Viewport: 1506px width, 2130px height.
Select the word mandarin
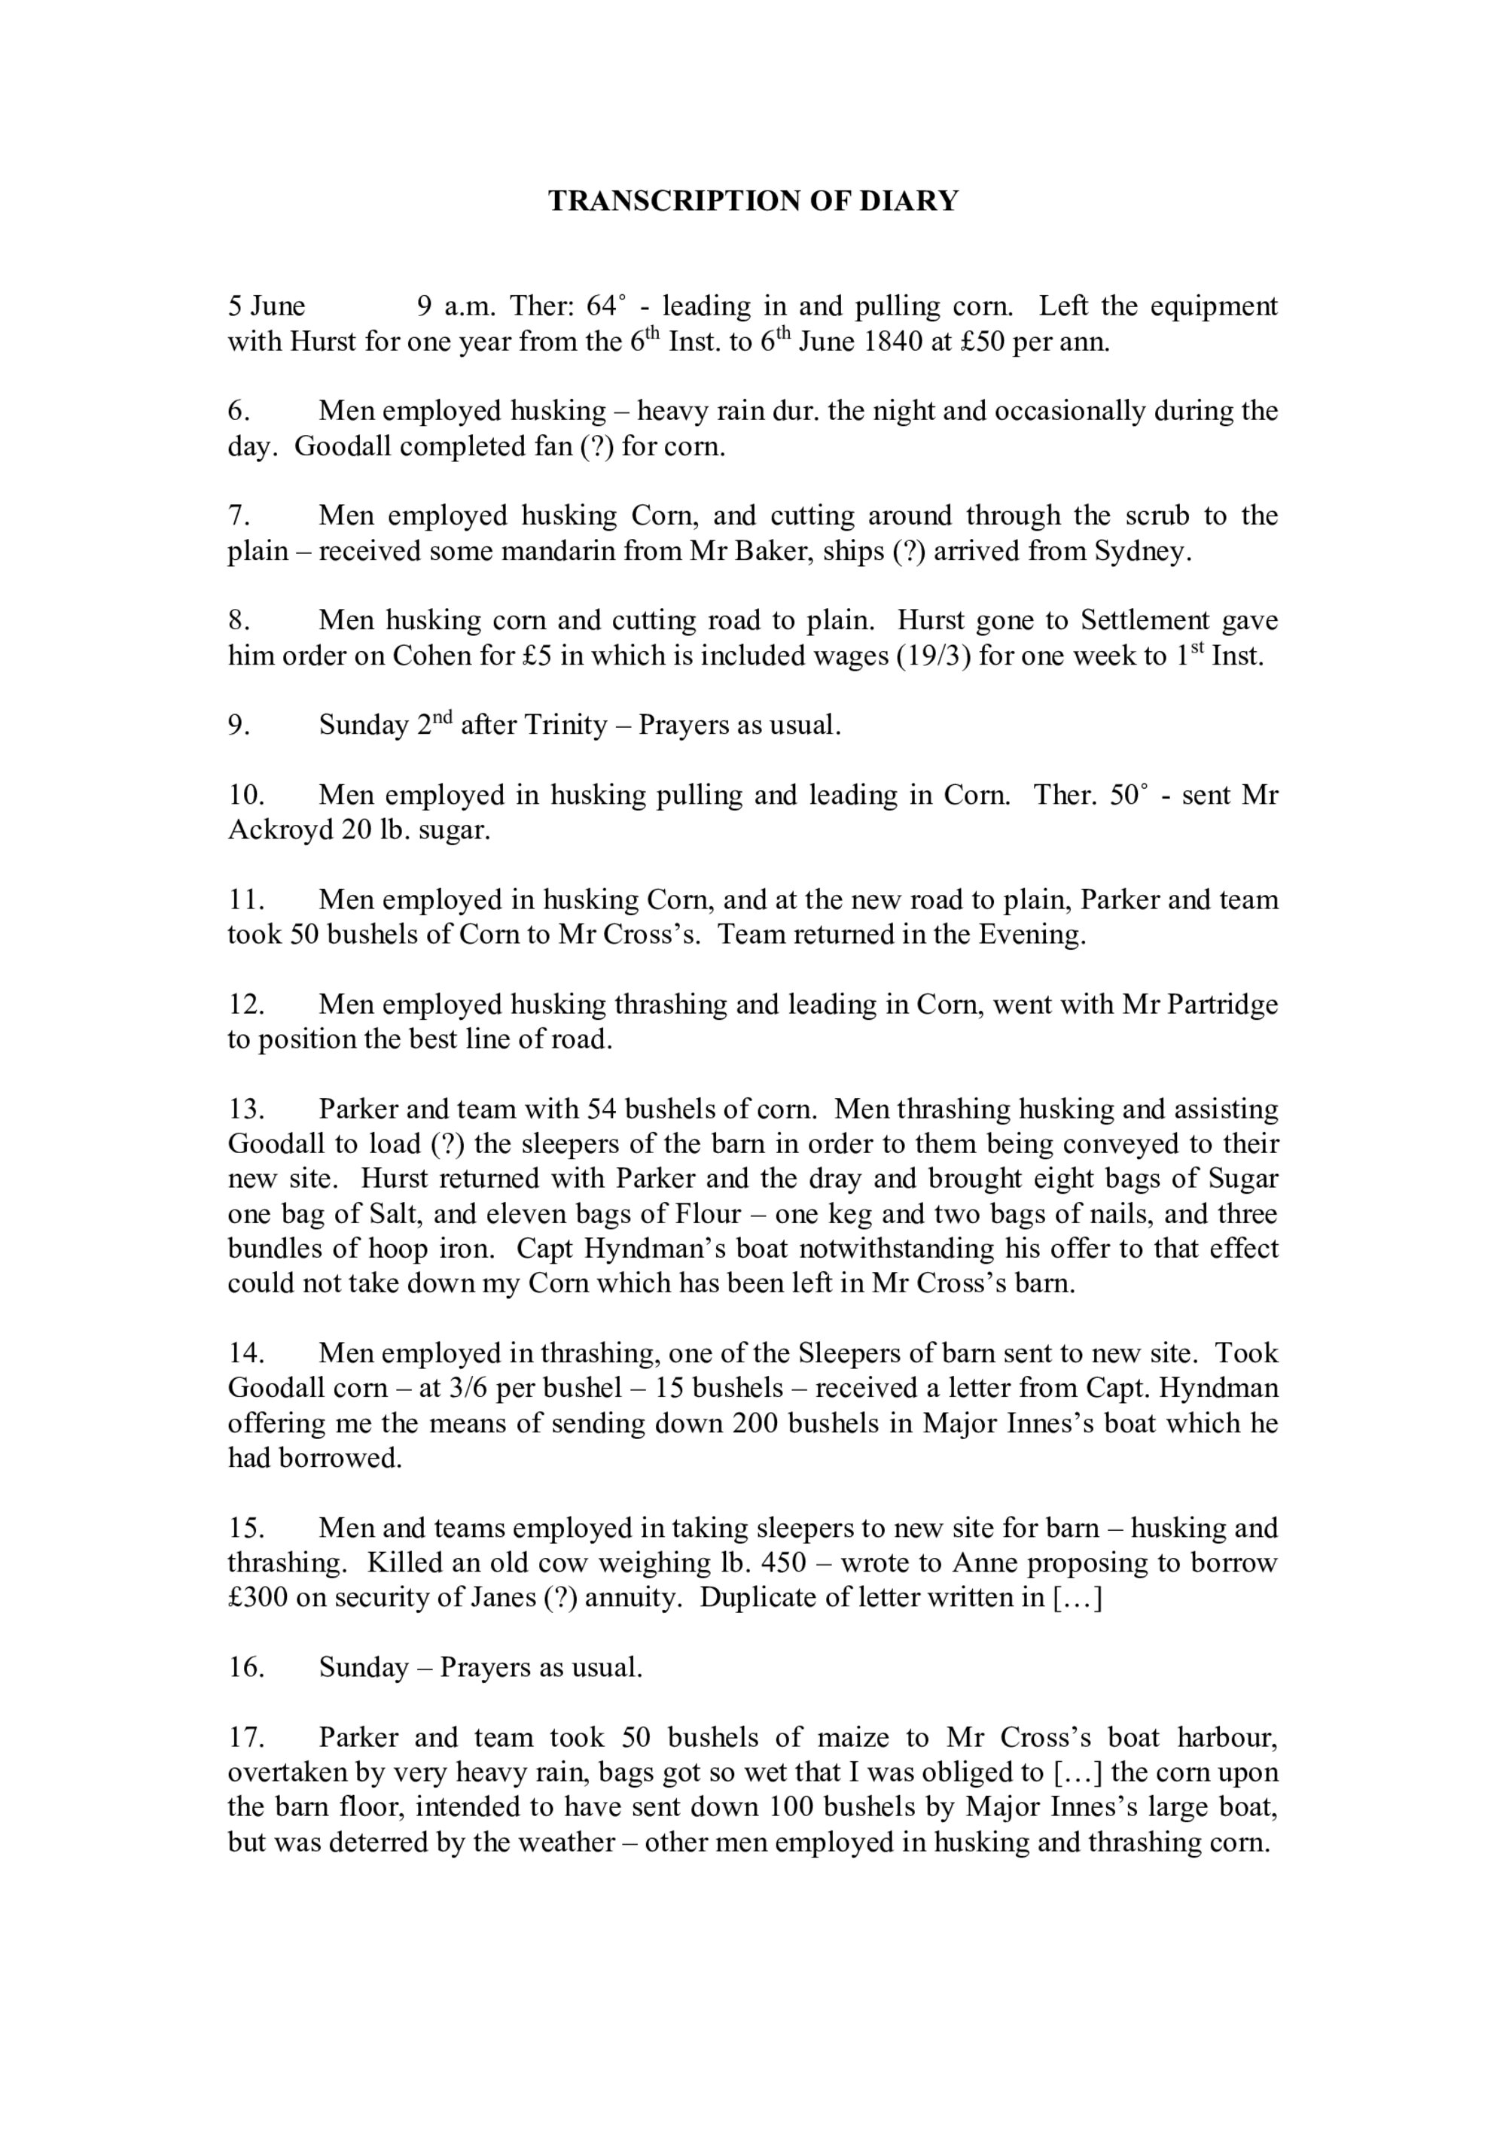click(x=542, y=551)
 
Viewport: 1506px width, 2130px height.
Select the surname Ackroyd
click(x=280, y=829)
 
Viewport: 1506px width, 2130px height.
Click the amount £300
click(x=258, y=1597)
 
